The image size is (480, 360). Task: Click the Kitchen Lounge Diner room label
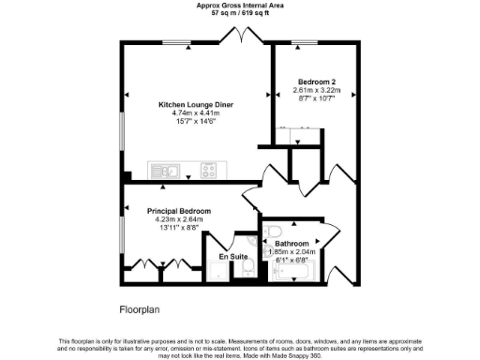[195, 104]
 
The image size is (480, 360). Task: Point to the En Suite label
[232, 255]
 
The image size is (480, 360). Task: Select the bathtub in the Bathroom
[295, 273]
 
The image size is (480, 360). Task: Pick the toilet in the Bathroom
[272, 232]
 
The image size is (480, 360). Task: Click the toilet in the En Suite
[247, 269]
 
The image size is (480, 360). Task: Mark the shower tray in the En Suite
[218, 272]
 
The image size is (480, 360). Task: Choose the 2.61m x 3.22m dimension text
[315, 91]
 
